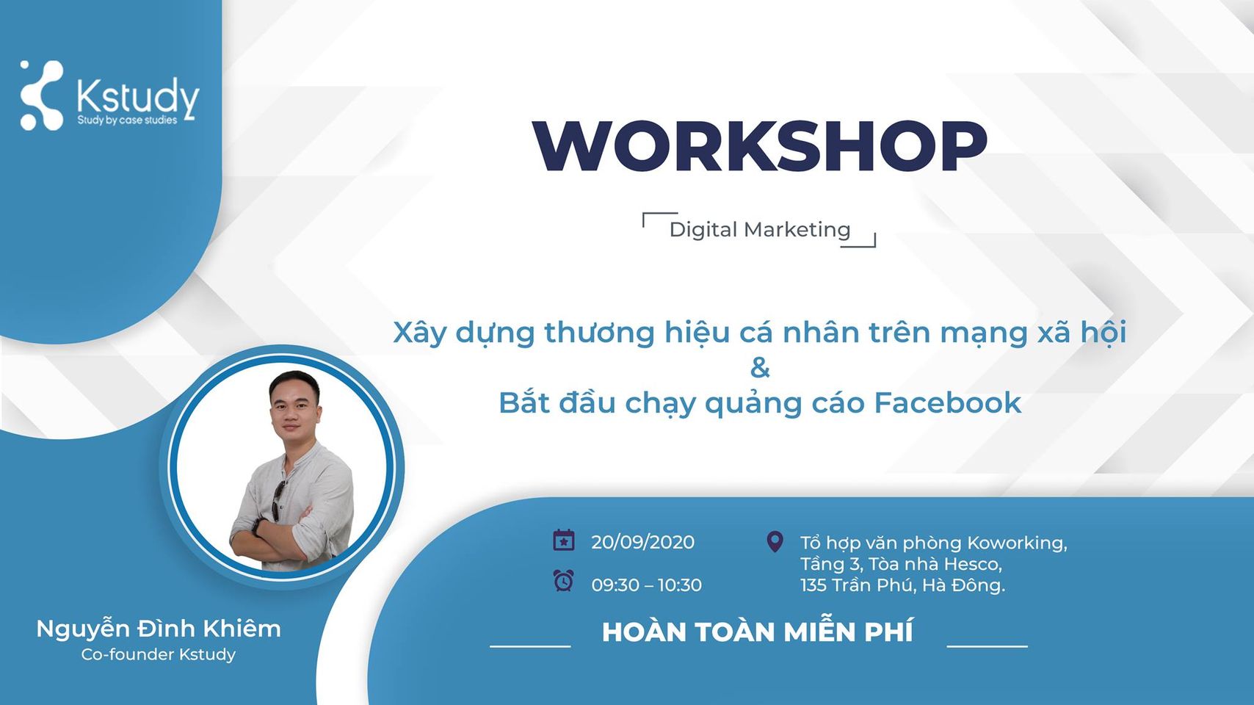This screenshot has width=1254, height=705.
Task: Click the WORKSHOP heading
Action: pos(760,145)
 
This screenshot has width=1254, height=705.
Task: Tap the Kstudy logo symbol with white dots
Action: pos(40,95)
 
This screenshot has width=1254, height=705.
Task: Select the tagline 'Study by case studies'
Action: pos(127,120)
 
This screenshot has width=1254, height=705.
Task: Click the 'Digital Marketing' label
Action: pos(760,230)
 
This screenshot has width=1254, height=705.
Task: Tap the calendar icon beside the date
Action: pos(563,540)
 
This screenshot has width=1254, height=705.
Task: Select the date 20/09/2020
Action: pos(642,542)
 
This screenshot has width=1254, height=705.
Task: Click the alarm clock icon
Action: pos(563,581)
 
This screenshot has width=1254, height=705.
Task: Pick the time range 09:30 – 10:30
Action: pos(647,585)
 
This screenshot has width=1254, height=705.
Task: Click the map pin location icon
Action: pos(775,541)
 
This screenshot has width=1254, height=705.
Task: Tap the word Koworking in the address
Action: pos(1017,543)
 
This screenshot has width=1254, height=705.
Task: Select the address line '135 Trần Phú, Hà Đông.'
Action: pos(902,585)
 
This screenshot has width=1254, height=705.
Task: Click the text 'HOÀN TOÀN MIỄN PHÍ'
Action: pos(758,632)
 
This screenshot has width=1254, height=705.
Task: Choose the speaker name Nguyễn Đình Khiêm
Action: pos(159,629)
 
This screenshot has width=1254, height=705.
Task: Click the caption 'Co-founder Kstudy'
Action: pos(159,654)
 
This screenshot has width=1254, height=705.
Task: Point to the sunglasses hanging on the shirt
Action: pos(277,501)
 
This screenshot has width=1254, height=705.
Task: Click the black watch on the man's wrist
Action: pos(258,527)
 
